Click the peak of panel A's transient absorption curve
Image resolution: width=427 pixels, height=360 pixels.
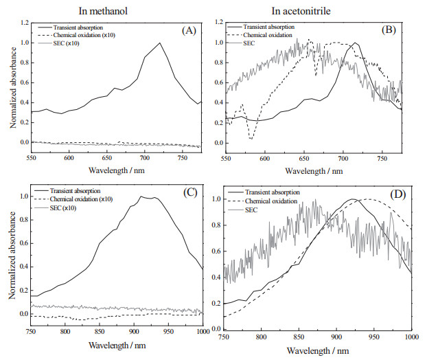pos(160,43)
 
